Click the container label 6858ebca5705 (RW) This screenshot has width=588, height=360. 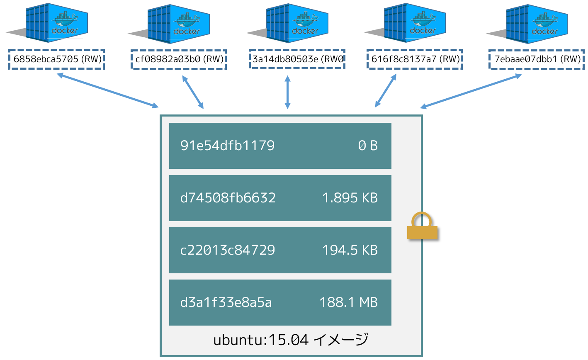tap(58, 59)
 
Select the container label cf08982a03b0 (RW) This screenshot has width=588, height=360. tap(180, 59)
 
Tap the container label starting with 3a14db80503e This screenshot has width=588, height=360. tap(298, 59)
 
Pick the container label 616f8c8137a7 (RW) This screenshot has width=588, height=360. tap(415, 59)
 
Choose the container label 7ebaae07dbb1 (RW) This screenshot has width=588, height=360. tap(537, 59)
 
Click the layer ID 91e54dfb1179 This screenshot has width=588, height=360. tap(227, 146)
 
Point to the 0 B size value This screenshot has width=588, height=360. tap(368, 146)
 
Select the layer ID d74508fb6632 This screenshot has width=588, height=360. tap(228, 198)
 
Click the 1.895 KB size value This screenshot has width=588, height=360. tap(350, 198)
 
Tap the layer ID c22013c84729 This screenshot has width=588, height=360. tap(228, 250)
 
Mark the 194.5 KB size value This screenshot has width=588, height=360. tap(350, 250)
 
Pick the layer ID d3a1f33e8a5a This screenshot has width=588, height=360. tap(226, 302)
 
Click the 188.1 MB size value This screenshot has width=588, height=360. tap(349, 302)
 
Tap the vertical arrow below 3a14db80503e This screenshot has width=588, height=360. tap(288, 92)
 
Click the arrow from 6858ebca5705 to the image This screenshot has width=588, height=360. tap(108, 90)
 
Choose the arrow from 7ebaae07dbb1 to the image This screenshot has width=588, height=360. tap(471, 91)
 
